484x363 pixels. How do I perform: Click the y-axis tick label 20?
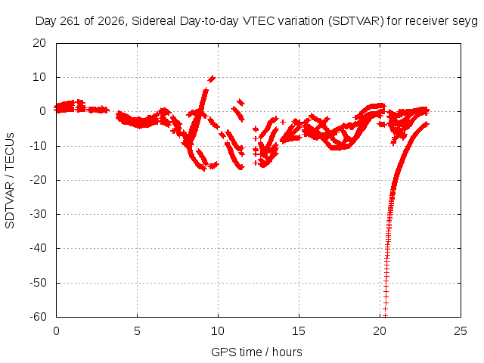pyautogui.click(x=39, y=43)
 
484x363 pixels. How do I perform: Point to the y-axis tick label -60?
pyautogui.click(x=38, y=317)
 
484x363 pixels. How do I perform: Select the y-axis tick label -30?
pyautogui.click(x=38, y=214)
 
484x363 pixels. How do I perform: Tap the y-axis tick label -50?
pyautogui.click(x=38, y=282)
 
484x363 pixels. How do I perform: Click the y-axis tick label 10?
pyautogui.click(x=39, y=77)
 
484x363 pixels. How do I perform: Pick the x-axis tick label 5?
pyautogui.click(x=137, y=331)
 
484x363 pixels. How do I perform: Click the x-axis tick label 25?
pyautogui.click(x=461, y=331)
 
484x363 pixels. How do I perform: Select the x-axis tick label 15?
pyautogui.click(x=299, y=331)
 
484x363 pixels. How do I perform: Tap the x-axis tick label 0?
pyautogui.click(x=56, y=331)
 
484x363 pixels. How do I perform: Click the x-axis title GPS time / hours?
pyautogui.click(x=256, y=352)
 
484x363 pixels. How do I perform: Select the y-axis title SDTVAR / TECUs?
pyautogui.click(x=10, y=181)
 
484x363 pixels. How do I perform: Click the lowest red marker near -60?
pyautogui.click(x=385, y=315)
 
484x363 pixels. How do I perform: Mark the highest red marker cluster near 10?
pyautogui.click(x=212, y=79)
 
